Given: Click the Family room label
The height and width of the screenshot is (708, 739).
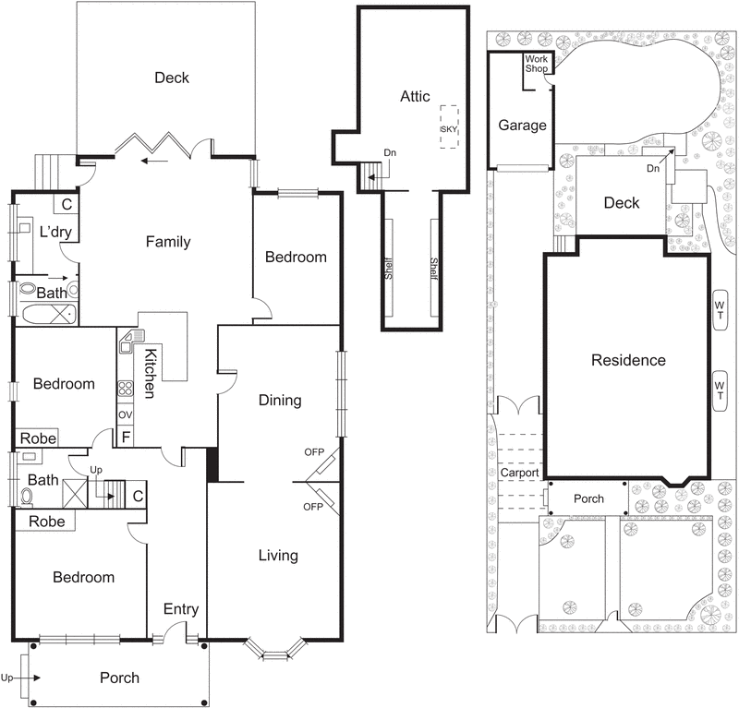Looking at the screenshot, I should [x=168, y=242].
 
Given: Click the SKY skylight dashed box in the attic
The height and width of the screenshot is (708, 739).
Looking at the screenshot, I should [x=449, y=130].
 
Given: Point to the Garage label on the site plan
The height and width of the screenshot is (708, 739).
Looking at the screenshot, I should [x=522, y=126].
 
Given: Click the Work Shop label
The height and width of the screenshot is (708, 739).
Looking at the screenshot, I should [x=536, y=63].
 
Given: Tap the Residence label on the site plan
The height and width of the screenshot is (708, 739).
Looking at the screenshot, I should [x=628, y=360].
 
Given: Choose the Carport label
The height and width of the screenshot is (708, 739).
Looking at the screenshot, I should [x=519, y=473].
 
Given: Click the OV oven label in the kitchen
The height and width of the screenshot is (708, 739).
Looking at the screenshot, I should [x=125, y=415].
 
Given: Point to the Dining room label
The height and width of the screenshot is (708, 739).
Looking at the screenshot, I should [x=279, y=400].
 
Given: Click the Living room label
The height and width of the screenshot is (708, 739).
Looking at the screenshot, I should [x=278, y=555].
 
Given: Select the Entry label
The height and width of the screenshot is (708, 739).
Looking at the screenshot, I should [x=180, y=608].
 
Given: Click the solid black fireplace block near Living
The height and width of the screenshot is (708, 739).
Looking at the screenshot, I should [x=212, y=464].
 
